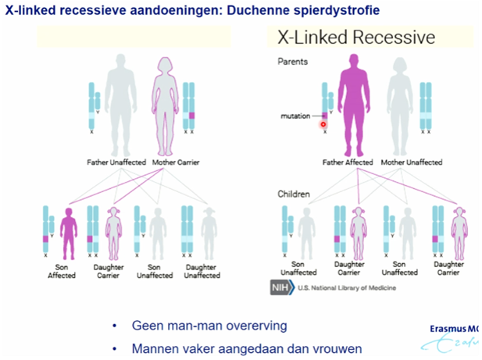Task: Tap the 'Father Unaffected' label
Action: click(x=117, y=162)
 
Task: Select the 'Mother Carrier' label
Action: click(x=175, y=162)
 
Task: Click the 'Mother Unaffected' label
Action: click(x=411, y=162)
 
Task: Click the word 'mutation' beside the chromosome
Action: click(x=295, y=116)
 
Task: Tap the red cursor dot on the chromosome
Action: click(x=323, y=123)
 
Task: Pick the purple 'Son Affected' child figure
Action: click(x=67, y=233)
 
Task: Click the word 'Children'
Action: click(x=295, y=193)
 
